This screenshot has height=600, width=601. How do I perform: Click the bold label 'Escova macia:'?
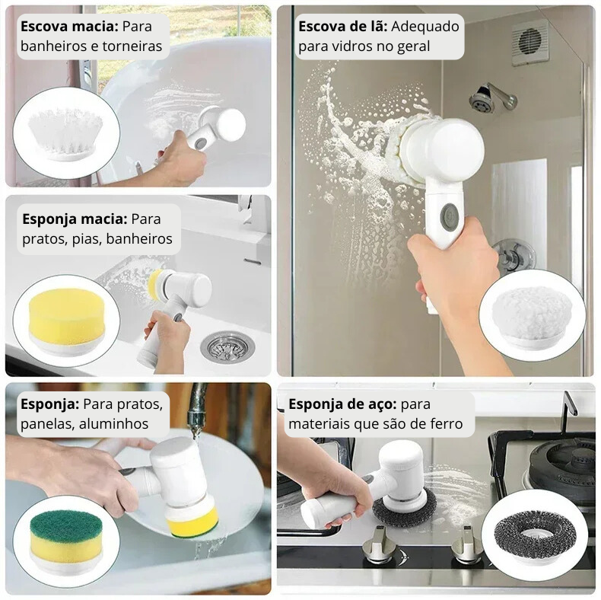coord(69,27)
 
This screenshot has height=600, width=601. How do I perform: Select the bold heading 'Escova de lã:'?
coord(342,27)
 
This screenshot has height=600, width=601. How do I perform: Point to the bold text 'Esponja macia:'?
coord(75,219)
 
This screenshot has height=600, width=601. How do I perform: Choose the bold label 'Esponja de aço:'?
coord(342,404)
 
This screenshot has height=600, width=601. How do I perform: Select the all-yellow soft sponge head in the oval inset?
coord(66,321)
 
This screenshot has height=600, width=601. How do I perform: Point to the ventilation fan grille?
coord(530,41)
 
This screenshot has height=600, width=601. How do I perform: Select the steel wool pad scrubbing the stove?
coord(405,506)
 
